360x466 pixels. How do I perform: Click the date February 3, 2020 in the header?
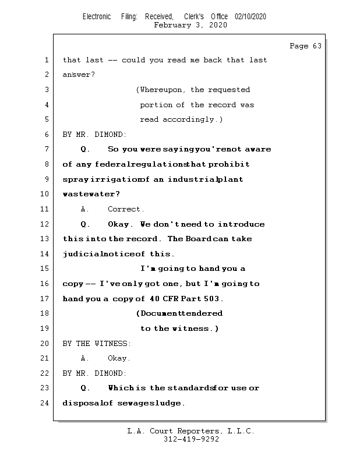click(x=190, y=25)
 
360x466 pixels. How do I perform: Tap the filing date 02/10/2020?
click(x=250, y=16)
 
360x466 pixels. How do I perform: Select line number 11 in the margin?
click(x=46, y=209)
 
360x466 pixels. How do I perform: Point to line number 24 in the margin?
click(x=46, y=403)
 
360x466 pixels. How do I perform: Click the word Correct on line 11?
click(x=125, y=209)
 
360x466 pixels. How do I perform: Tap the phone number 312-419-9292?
click(x=191, y=440)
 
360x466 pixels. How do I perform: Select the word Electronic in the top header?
click(x=97, y=16)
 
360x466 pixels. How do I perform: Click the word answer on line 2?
click(x=77, y=75)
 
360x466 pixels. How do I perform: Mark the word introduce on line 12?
click(x=241, y=224)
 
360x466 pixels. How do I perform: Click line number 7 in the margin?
click(x=46, y=150)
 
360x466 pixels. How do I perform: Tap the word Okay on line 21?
click(x=119, y=358)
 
